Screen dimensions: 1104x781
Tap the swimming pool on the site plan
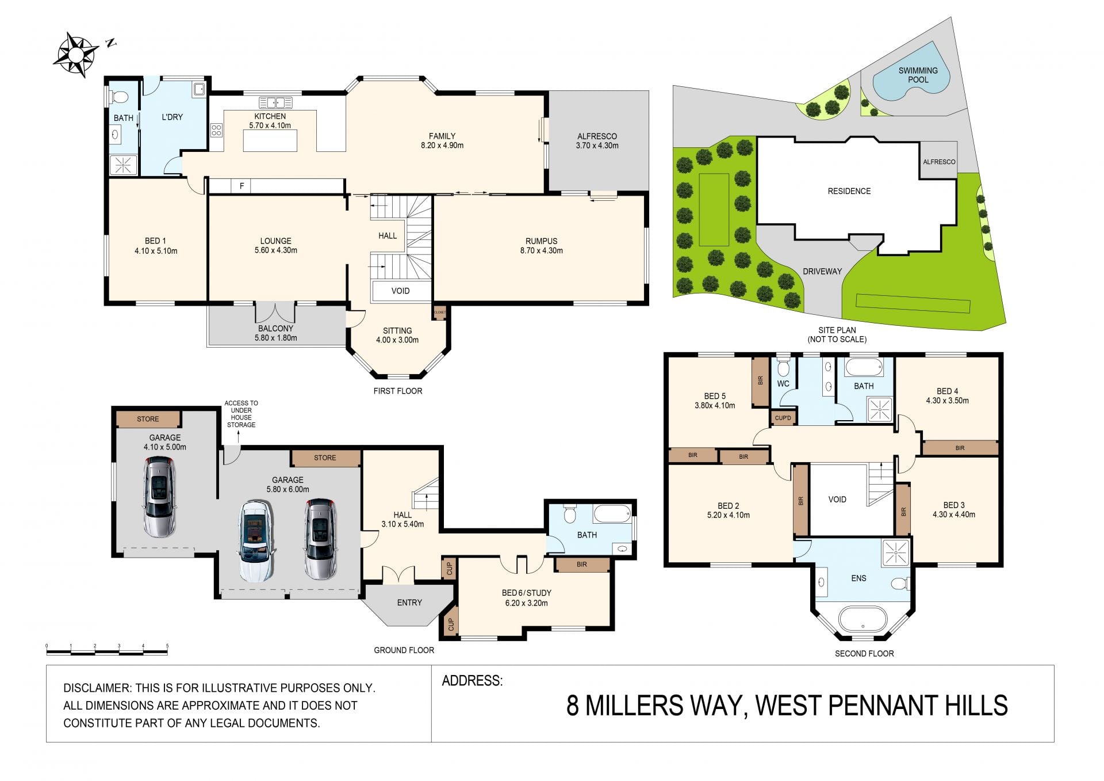point(911,77)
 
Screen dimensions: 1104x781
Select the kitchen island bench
point(270,141)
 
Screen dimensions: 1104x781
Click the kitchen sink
point(276,103)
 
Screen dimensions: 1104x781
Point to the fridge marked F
point(241,186)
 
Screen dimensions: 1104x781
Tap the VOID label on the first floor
point(400,291)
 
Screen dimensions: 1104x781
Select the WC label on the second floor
point(783,384)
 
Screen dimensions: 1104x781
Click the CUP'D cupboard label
point(783,418)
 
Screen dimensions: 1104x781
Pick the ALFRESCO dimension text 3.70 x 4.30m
point(597,146)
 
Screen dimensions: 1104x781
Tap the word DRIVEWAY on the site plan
point(822,271)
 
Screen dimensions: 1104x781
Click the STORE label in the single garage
point(148,419)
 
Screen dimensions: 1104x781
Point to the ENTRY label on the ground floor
point(409,603)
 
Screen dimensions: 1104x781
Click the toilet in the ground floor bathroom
point(569,513)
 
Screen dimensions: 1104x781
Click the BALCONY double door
point(275,313)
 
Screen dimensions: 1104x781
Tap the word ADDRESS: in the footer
point(472,681)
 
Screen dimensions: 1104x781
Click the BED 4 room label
point(947,391)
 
